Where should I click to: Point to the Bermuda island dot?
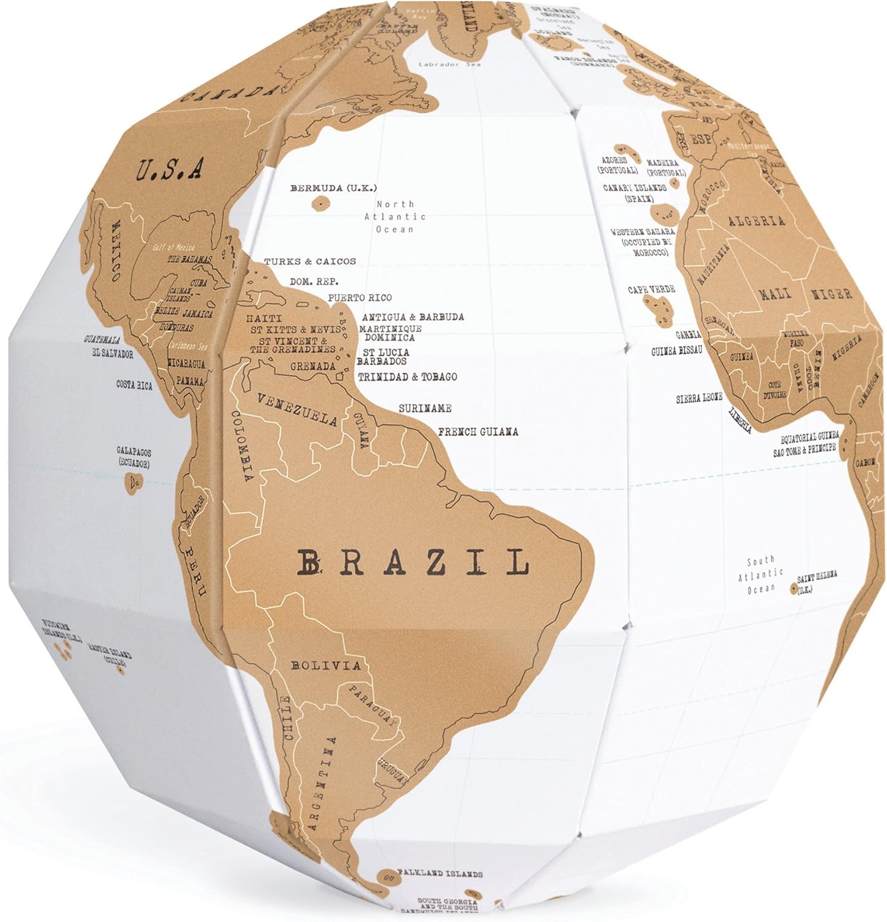[x=320, y=202]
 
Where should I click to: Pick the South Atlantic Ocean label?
[x=761, y=575]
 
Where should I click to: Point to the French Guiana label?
[x=478, y=431]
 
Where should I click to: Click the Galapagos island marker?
[x=134, y=483]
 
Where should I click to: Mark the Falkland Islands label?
[x=439, y=873]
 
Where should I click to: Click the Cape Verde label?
[x=651, y=289]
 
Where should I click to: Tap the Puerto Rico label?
[x=360, y=298]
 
